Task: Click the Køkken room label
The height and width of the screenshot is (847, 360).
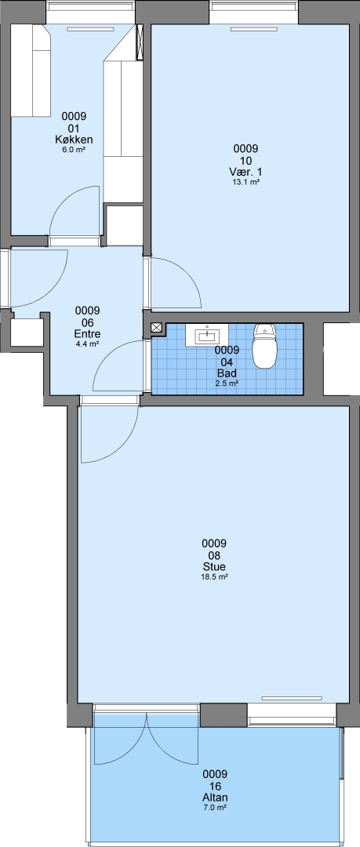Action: pyautogui.click(x=74, y=140)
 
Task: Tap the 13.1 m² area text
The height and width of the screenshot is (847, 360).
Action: pyautogui.click(x=245, y=182)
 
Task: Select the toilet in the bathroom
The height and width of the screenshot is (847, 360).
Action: pyautogui.click(x=264, y=346)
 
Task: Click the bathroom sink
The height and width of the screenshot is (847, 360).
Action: pyautogui.click(x=206, y=335)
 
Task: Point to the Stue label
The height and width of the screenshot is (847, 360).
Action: pyautogui.click(x=214, y=567)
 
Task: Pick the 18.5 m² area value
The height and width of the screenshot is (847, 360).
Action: pyautogui.click(x=214, y=577)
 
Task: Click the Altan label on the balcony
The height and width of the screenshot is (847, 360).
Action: pyautogui.click(x=215, y=798)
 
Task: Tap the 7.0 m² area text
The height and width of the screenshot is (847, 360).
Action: pyautogui.click(x=215, y=808)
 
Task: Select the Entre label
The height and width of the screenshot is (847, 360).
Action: pyautogui.click(x=88, y=334)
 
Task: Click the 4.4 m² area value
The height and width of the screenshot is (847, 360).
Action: pyautogui.click(x=88, y=344)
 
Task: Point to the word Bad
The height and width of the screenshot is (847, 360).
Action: pyautogui.click(x=227, y=373)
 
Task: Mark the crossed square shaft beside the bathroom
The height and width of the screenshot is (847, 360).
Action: pyautogui.click(x=157, y=327)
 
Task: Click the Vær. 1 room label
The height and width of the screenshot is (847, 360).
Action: pyautogui.click(x=246, y=172)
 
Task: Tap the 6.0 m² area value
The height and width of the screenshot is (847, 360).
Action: pyautogui.click(x=74, y=150)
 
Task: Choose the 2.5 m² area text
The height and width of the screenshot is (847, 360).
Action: pyautogui.click(x=227, y=383)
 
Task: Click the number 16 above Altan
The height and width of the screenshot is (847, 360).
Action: pyautogui.click(x=215, y=786)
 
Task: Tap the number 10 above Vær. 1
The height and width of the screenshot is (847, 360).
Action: pyautogui.click(x=246, y=161)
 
